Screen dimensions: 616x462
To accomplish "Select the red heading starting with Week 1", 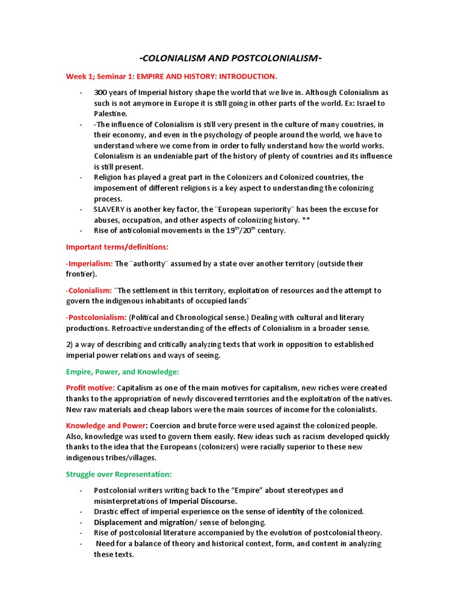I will point(171,76).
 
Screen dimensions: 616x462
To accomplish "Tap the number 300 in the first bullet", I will point(100,93).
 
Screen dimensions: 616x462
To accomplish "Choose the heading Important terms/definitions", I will point(117,247).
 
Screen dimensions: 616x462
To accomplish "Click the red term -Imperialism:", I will point(89,263).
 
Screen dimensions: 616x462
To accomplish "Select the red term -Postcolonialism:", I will point(96,317).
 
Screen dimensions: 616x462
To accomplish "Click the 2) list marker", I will point(70,344).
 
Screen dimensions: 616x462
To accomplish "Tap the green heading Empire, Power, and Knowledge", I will point(123,372).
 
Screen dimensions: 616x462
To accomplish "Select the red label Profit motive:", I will point(90,388).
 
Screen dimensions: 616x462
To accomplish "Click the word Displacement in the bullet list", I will point(117,522).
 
